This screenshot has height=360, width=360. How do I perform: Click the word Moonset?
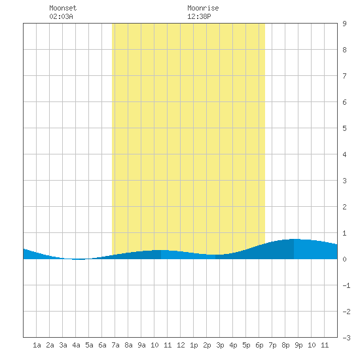(63, 8)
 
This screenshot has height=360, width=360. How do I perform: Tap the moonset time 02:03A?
(61, 16)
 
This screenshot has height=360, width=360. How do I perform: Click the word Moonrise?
(203, 8)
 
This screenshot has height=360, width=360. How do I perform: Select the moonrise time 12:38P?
(199, 16)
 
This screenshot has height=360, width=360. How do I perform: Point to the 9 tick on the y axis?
(344, 24)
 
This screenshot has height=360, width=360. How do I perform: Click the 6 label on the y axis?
(344, 102)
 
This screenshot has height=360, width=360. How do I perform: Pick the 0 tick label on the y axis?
(344, 259)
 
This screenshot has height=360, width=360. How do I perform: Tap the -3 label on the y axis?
(346, 338)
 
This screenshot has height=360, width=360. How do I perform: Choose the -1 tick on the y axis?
(346, 285)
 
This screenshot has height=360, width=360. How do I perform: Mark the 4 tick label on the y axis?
(344, 154)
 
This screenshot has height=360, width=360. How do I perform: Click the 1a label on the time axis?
(37, 345)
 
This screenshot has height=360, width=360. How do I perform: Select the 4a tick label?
(76, 345)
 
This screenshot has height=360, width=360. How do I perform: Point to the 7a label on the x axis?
(115, 345)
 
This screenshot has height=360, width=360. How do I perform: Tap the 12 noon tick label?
(181, 345)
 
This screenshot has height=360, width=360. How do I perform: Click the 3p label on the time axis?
(220, 345)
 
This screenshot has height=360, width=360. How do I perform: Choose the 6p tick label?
(259, 345)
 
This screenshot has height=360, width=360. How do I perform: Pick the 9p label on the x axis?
(298, 345)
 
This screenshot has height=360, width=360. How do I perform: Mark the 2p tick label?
(207, 345)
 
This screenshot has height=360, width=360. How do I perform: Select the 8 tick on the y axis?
(344, 50)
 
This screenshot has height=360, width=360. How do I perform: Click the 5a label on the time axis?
(89, 345)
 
